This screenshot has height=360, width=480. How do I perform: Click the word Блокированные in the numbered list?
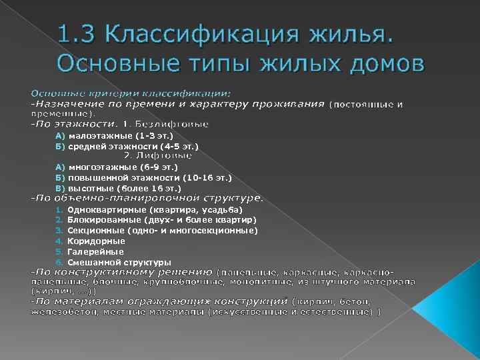[x=103, y=220]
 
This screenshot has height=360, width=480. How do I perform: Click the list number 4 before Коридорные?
[x=59, y=241]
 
